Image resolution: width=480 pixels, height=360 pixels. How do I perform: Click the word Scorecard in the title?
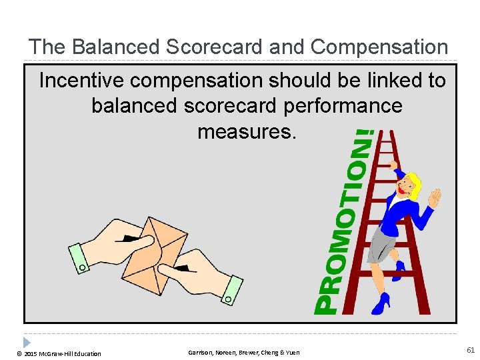203,47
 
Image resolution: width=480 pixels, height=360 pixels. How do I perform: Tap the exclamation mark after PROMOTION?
364,141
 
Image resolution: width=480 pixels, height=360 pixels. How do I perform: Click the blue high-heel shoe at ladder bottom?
381,305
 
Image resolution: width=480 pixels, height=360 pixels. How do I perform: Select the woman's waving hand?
435,197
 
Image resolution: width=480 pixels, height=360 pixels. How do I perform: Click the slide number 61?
471,350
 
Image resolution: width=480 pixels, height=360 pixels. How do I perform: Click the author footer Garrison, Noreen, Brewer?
243,352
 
